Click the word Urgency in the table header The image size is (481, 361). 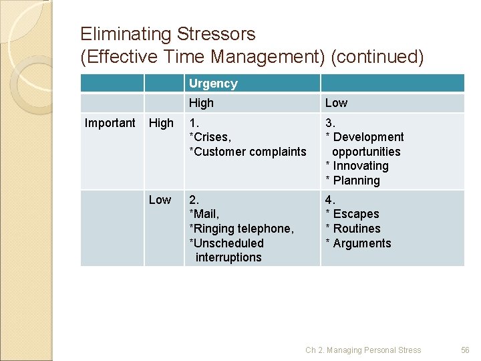point(213,84)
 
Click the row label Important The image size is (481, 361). point(110,123)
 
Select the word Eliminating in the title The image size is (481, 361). point(126,34)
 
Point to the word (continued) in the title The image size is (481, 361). point(377,57)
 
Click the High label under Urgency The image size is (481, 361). point(201,103)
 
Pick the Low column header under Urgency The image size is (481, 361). point(336,103)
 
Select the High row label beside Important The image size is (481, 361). point(161,123)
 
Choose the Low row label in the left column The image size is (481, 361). point(160,200)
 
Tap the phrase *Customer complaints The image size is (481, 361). point(248,152)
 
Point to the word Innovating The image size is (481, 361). point(360,166)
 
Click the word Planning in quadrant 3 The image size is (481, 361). point(356,180)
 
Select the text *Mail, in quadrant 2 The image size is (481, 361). point(204,214)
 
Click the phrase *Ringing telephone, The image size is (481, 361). point(241,229)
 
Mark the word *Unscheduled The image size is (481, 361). point(226,243)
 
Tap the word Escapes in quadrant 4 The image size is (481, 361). point(355,214)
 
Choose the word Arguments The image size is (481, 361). point(362,243)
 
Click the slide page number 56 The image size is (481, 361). point(466,350)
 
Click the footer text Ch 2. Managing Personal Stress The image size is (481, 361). point(363,350)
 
